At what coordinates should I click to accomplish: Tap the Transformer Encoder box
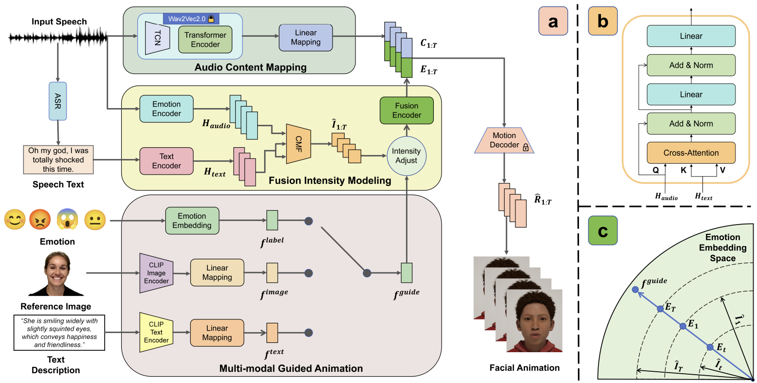click(x=205, y=40)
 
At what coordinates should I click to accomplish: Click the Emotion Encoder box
click(x=166, y=109)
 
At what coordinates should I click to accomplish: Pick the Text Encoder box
click(x=166, y=161)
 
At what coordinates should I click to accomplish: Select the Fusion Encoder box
click(x=407, y=111)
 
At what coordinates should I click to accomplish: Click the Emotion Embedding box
click(x=192, y=221)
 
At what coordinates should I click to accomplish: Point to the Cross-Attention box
click(x=691, y=153)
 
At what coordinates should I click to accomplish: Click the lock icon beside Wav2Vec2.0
click(x=212, y=19)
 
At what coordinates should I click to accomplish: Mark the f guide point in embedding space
click(x=635, y=290)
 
